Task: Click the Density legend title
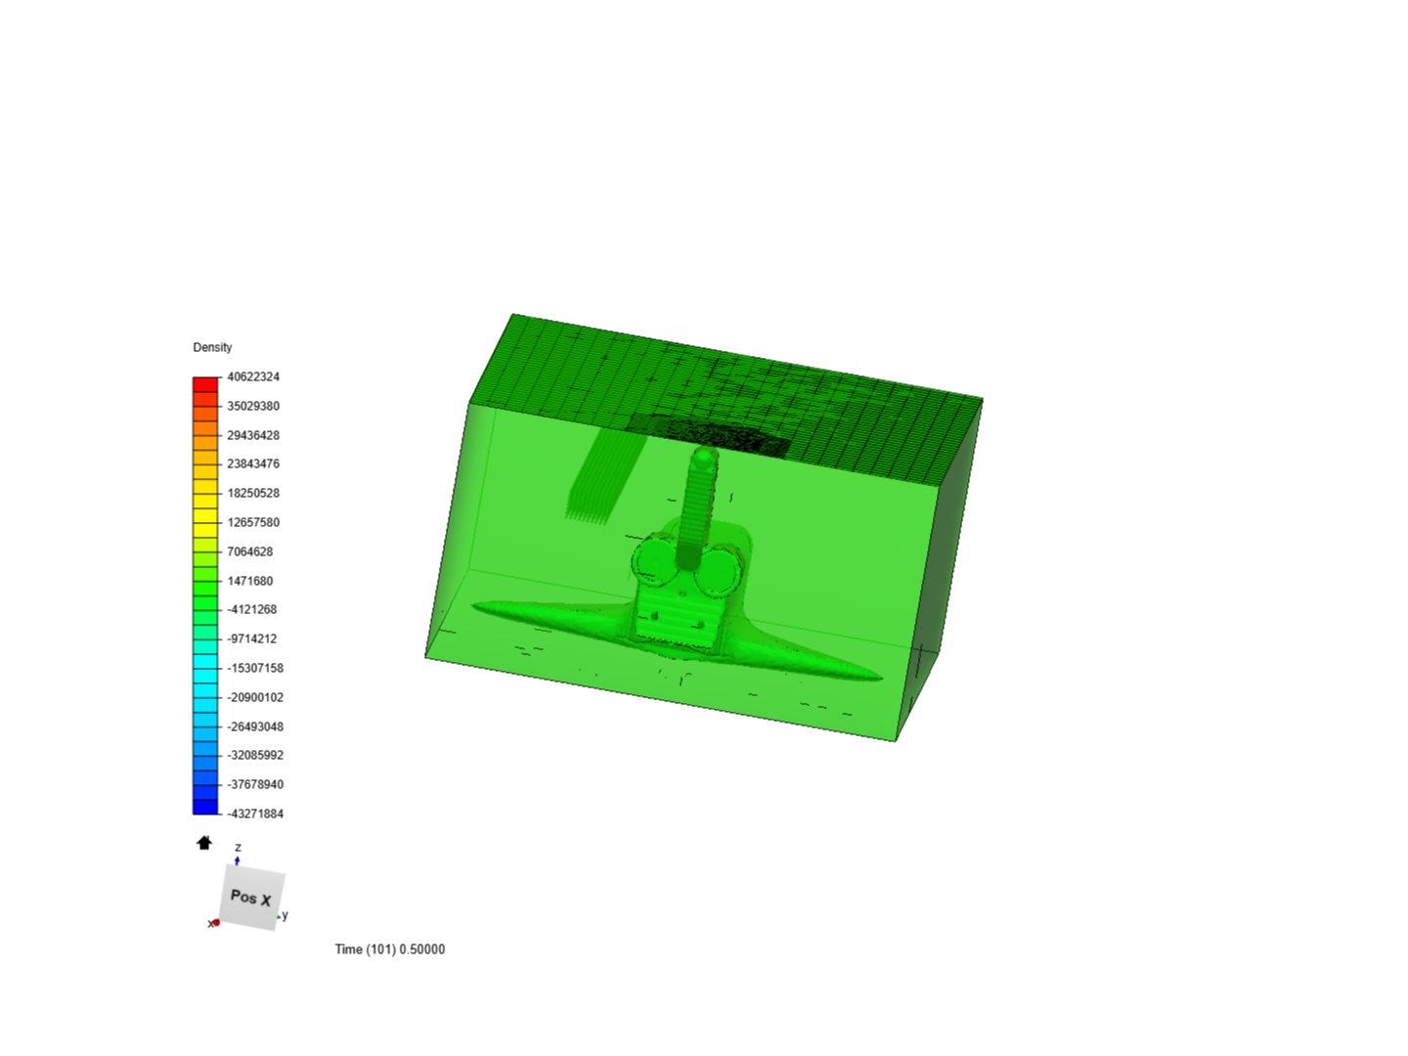(x=212, y=347)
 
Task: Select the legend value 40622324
(x=253, y=377)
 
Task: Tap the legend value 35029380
(x=253, y=406)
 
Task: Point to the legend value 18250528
(x=253, y=493)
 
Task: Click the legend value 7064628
(x=250, y=551)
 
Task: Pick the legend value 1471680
(x=250, y=581)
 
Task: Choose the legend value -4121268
(x=252, y=609)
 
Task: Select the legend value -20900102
(x=255, y=697)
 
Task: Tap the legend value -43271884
(x=255, y=814)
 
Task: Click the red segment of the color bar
(x=205, y=384)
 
